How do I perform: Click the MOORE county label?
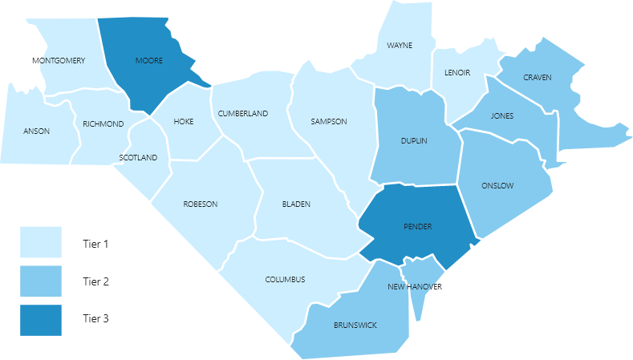[149, 61]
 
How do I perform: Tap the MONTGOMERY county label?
[59, 61]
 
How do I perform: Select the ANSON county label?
[36, 131]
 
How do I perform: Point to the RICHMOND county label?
[103, 123]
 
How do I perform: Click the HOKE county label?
[184, 123]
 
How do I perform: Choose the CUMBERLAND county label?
[243, 114]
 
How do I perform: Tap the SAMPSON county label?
[329, 122]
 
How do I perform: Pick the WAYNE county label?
[399, 46]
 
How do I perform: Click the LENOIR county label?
[457, 73]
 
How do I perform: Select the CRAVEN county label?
[538, 77]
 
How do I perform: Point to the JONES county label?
[502, 116]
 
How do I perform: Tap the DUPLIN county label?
[414, 141]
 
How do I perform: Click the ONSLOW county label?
[497, 186]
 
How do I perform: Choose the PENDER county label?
[417, 227]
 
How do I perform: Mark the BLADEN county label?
[296, 204]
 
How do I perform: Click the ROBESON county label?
[201, 204]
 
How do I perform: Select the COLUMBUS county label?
[286, 280]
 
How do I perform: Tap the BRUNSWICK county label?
[355, 325]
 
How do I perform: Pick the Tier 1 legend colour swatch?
[41, 242]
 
